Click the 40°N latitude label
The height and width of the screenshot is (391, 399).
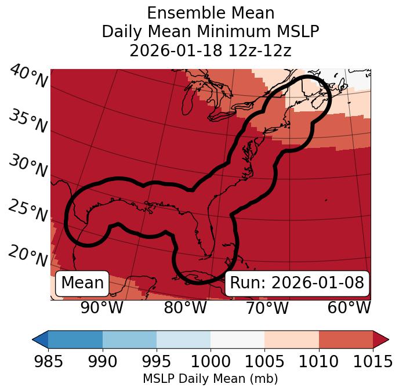point(28,77)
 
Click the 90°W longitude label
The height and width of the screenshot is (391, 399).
point(102,307)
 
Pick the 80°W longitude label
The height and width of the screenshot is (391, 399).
point(185,307)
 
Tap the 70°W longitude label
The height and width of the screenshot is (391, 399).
point(267,307)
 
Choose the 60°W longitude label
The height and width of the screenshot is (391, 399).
point(349,307)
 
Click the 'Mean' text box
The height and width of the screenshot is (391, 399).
point(82,283)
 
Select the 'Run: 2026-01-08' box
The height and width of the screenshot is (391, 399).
point(297,283)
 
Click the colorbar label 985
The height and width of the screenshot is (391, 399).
point(48,362)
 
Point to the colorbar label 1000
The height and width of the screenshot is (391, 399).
point(211,362)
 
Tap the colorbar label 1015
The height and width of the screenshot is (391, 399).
point(373,362)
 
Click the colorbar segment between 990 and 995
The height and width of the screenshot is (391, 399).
point(129,339)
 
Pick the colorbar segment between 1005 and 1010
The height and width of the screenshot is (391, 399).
point(292,339)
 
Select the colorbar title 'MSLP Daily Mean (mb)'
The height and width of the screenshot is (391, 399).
point(211,379)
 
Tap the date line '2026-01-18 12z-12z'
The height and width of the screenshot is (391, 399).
point(211,50)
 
